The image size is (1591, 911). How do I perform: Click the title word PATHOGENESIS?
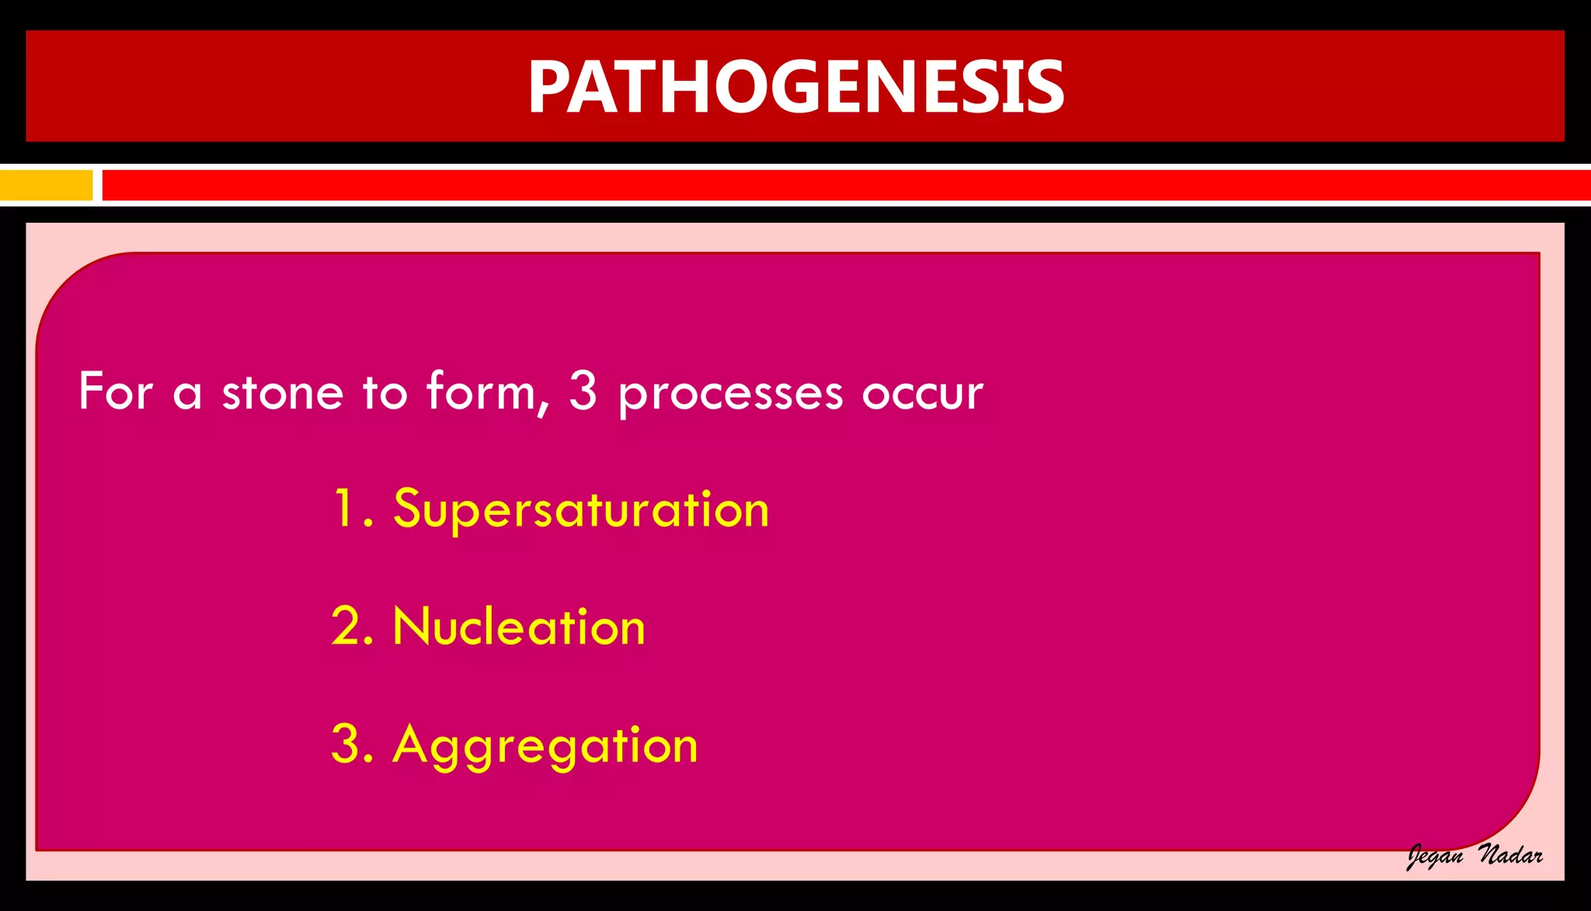pos(795,87)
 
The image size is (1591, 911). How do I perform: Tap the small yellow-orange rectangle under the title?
pos(46,186)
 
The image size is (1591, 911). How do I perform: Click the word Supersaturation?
pos(581,509)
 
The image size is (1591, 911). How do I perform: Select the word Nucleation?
pos(519,627)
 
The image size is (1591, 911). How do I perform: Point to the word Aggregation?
pos(545,746)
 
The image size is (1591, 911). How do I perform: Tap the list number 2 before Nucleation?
pos(346,627)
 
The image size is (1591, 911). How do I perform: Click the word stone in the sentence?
pos(282,391)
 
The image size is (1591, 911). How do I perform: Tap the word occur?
pos(922,393)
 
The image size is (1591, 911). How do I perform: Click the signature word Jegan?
pos(1436,857)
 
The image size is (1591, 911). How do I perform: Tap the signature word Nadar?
pos(1510,855)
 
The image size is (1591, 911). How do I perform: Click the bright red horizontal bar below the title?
pos(845,186)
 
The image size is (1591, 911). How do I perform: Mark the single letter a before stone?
pos(187,394)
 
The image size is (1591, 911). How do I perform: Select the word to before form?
pos(385,391)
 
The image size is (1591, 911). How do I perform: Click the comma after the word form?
pos(544,409)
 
